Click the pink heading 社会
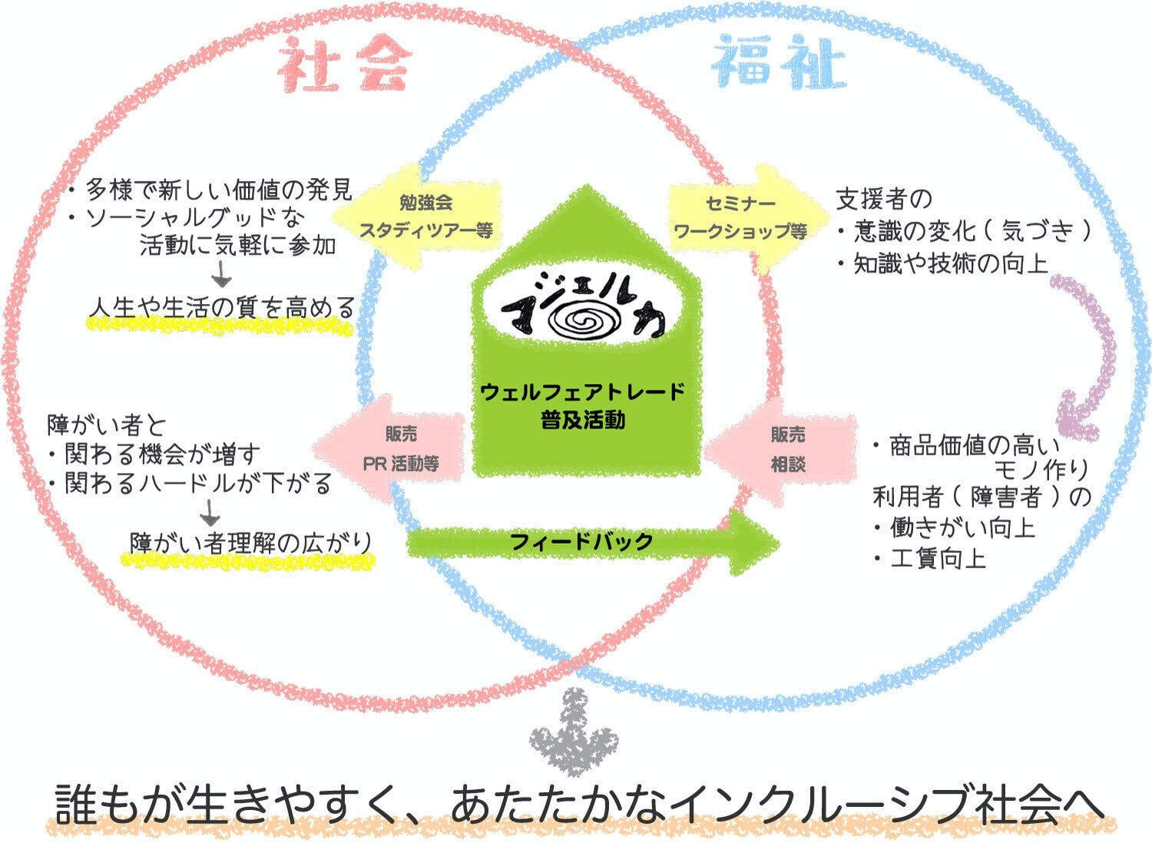(x=343, y=64)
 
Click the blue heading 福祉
(x=777, y=64)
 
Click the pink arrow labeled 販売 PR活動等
(x=396, y=449)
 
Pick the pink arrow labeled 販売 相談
(x=783, y=449)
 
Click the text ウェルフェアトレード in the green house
(x=582, y=392)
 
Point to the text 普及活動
(x=582, y=421)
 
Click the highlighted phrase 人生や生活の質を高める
(x=221, y=308)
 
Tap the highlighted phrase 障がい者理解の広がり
(x=250, y=543)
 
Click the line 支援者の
(x=883, y=200)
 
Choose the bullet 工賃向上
(x=937, y=558)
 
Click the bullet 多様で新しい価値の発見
(x=219, y=189)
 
